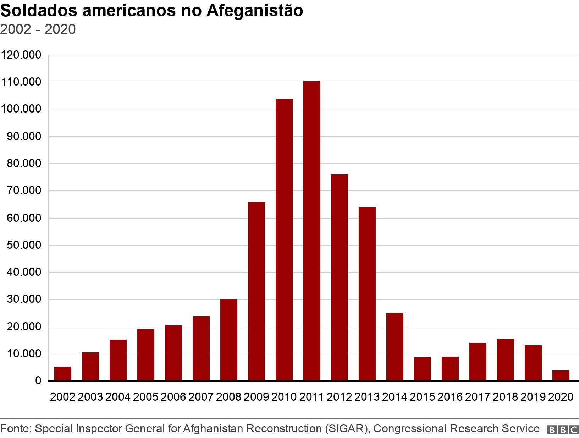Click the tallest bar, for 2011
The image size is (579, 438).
pos(311,231)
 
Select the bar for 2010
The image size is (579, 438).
pos(284,240)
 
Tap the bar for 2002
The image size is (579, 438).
pos(63,374)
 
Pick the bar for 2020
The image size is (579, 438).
pos(561,376)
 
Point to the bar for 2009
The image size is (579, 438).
pos(256,291)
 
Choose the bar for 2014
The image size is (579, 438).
pos(395,346)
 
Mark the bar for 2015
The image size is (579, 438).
pos(422,369)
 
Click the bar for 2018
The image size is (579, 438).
pos(505,360)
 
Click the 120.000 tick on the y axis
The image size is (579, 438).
pos(21,55)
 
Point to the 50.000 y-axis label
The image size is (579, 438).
pos(24,245)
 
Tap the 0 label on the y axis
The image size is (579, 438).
pos(38,381)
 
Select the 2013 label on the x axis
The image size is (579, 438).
pos(367,396)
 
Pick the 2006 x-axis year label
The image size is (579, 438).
pos(173,396)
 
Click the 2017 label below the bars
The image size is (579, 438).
pos(478,396)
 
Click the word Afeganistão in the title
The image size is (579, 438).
pos(254,11)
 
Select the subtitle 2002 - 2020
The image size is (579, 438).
pos(38,29)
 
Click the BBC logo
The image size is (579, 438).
pos(563,429)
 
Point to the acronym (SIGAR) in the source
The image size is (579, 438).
pos(346,429)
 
